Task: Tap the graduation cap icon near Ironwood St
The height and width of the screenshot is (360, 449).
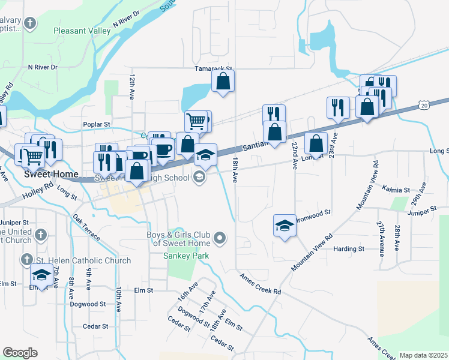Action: click(x=285, y=226)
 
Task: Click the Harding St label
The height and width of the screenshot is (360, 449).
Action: click(x=349, y=248)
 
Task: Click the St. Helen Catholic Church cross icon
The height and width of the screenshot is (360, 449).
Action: click(x=26, y=260)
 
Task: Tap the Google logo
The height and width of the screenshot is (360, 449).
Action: click(x=20, y=352)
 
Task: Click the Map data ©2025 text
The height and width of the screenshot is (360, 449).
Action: click(x=423, y=355)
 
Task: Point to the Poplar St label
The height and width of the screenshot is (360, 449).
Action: click(x=97, y=124)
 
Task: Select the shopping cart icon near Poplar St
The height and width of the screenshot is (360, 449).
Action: click(x=196, y=121)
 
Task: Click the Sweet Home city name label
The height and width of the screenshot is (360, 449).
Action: click(x=51, y=175)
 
